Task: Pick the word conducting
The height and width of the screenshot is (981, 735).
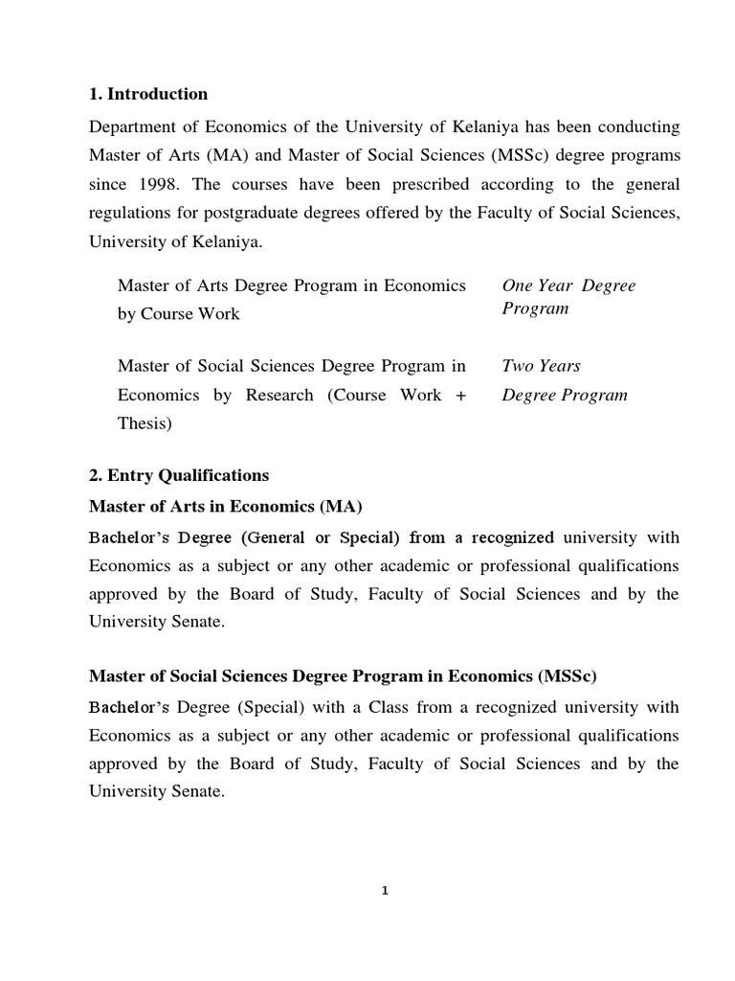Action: (x=635, y=127)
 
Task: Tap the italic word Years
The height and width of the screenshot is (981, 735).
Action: (x=560, y=365)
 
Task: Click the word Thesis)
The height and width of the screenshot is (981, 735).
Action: (x=145, y=423)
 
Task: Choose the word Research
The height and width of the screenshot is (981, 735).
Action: (x=273, y=395)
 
